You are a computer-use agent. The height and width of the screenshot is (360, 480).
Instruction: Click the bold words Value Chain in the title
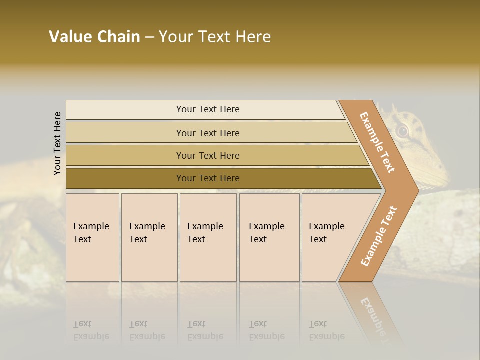[94, 37]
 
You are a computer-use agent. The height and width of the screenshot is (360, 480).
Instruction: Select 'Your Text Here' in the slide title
[215, 37]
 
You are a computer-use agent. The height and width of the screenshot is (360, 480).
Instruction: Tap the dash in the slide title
[149, 37]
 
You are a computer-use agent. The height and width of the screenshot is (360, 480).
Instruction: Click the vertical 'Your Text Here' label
[57, 143]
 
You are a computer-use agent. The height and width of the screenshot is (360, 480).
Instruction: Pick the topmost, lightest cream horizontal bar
[207, 109]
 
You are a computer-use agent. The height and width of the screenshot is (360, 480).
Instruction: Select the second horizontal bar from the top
[207, 133]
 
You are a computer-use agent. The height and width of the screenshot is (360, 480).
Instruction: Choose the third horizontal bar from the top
[207, 155]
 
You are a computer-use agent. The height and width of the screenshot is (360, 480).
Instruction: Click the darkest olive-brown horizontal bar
[207, 178]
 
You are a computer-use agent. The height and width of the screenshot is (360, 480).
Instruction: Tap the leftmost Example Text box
[92, 237]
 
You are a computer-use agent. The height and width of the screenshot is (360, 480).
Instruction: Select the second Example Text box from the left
[149, 237]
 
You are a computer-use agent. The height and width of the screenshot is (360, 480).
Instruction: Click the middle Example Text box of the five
[208, 237]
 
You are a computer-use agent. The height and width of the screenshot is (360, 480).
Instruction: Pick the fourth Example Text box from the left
[269, 237]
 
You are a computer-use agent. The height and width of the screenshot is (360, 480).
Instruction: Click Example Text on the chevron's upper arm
[377, 142]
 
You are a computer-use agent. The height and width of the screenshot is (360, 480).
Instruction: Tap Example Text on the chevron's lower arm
[379, 236]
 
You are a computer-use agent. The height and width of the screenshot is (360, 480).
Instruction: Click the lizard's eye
[402, 131]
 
